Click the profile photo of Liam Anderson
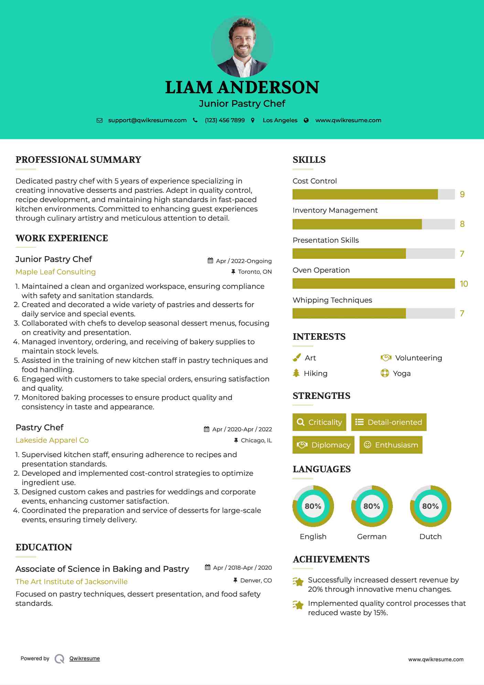tap(242, 46)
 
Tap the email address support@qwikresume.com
tap(147, 120)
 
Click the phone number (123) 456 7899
tap(225, 120)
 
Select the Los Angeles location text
tap(280, 120)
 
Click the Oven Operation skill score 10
tap(464, 284)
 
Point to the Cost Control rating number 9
tap(462, 194)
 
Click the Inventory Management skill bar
tap(374, 224)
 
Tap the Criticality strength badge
tap(319, 422)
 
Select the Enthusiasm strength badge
tap(391, 445)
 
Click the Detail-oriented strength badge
tap(389, 422)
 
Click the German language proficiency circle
tap(372, 506)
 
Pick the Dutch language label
tap(430, 536)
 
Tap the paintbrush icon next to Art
tap(297, 358)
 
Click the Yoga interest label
tap(401, 373)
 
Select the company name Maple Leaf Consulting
tap(56, 272)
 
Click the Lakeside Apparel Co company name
tap(52, 440)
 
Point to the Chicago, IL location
tap(256, 440)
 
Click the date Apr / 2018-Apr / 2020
tap(242, 568)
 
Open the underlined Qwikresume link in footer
tap(85, 658)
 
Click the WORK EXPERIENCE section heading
tap(62, 238)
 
